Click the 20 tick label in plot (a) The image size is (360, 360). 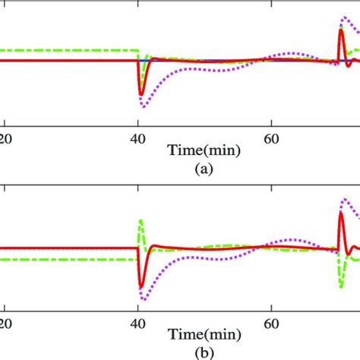(5, 138)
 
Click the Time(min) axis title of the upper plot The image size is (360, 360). (206, 151)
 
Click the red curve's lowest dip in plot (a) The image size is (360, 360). (141, 94)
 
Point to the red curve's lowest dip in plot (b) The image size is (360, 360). (141, 287)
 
